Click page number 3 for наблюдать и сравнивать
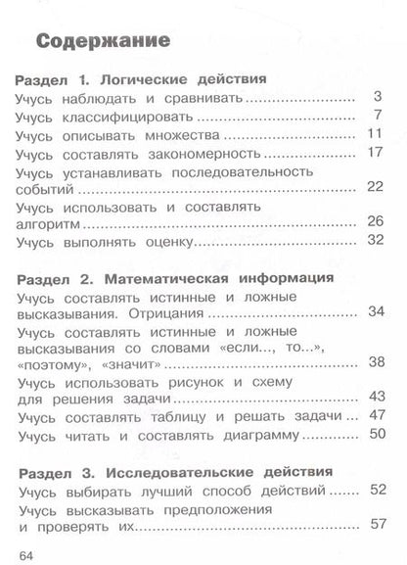pyautogui.click(x=378, y=97)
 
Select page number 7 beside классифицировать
pyautogui.click(x=378, y=117)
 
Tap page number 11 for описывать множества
pyautogui.click(x=374, y=135)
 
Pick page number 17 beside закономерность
pyautogui.click(x=374, y=154)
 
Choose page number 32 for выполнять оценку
pyautogui.click(x=373, y=242)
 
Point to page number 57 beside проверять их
pyautogui.click(x=373, y=527)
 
